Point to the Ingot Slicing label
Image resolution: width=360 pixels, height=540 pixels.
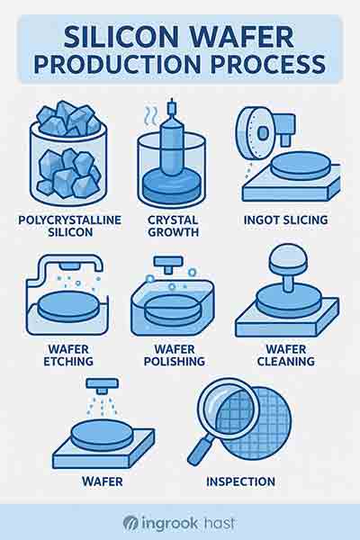(285, 220)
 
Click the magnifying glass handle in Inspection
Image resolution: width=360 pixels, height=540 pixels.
(202, 450)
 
